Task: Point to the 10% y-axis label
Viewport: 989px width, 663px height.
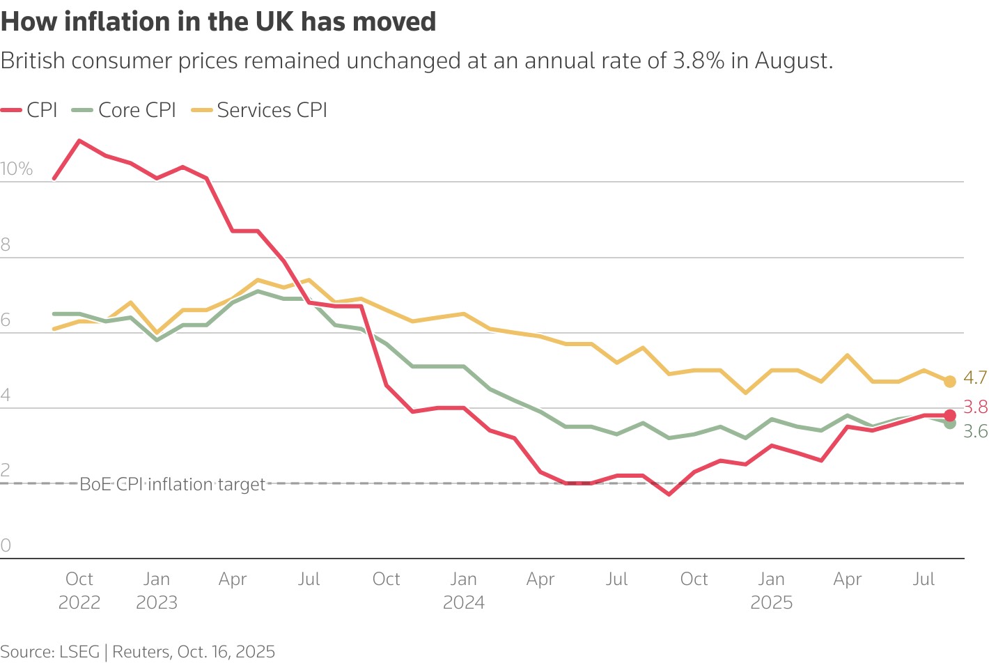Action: [17, 169]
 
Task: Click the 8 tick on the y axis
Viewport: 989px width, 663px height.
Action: [6, 244]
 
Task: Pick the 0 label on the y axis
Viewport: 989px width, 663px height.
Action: [6, 545]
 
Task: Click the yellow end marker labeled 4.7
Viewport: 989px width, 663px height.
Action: [949, 381]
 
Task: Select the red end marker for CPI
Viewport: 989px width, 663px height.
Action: [949, 415]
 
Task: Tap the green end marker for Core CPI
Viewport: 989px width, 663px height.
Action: [949, 423]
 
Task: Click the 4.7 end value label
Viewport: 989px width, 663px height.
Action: [975, 377]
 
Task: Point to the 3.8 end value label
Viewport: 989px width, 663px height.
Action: [975, 407]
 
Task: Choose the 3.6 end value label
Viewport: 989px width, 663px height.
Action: [975, 432]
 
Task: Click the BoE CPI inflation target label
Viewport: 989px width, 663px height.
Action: [173, 484]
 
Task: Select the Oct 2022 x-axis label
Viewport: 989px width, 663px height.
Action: [79, 591]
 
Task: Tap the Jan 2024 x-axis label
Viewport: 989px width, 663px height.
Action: [464, 591]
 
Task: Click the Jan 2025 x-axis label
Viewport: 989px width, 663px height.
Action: [771, 591]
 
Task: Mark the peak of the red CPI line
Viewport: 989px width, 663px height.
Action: [80, 141]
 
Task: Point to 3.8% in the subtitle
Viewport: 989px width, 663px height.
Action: [699, 61]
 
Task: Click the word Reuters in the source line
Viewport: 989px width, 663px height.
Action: [141, 652]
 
